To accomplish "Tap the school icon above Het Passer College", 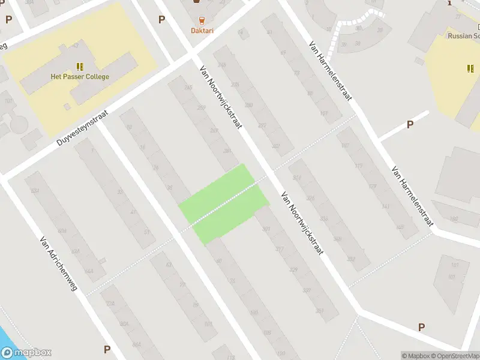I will (x=80, y=66).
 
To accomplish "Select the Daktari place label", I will (x=202, y=31).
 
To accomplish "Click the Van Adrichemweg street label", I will (x=58, y=262).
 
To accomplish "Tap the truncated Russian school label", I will (x=463, y=35).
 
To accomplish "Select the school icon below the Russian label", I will (x=470, y=68).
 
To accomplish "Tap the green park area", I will (x=223, y=203).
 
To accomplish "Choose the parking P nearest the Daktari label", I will (x=161, y=19).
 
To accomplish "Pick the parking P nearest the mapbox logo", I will (x=107, y=349).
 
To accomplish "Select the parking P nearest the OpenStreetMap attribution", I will (x=421, y=327).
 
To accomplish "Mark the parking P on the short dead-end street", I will (x=410, y=124).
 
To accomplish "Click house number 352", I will (x=351, y=260).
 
